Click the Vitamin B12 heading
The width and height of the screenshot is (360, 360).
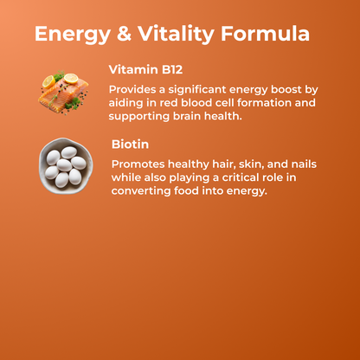pos(145,70)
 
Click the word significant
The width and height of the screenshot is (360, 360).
pos(202,89)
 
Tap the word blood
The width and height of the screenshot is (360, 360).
pos(190,103)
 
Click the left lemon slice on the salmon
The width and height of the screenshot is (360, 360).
pos(48,81)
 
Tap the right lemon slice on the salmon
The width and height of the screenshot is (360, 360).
pos(69,78)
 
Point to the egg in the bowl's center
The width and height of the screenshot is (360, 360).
pos(64,164)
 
